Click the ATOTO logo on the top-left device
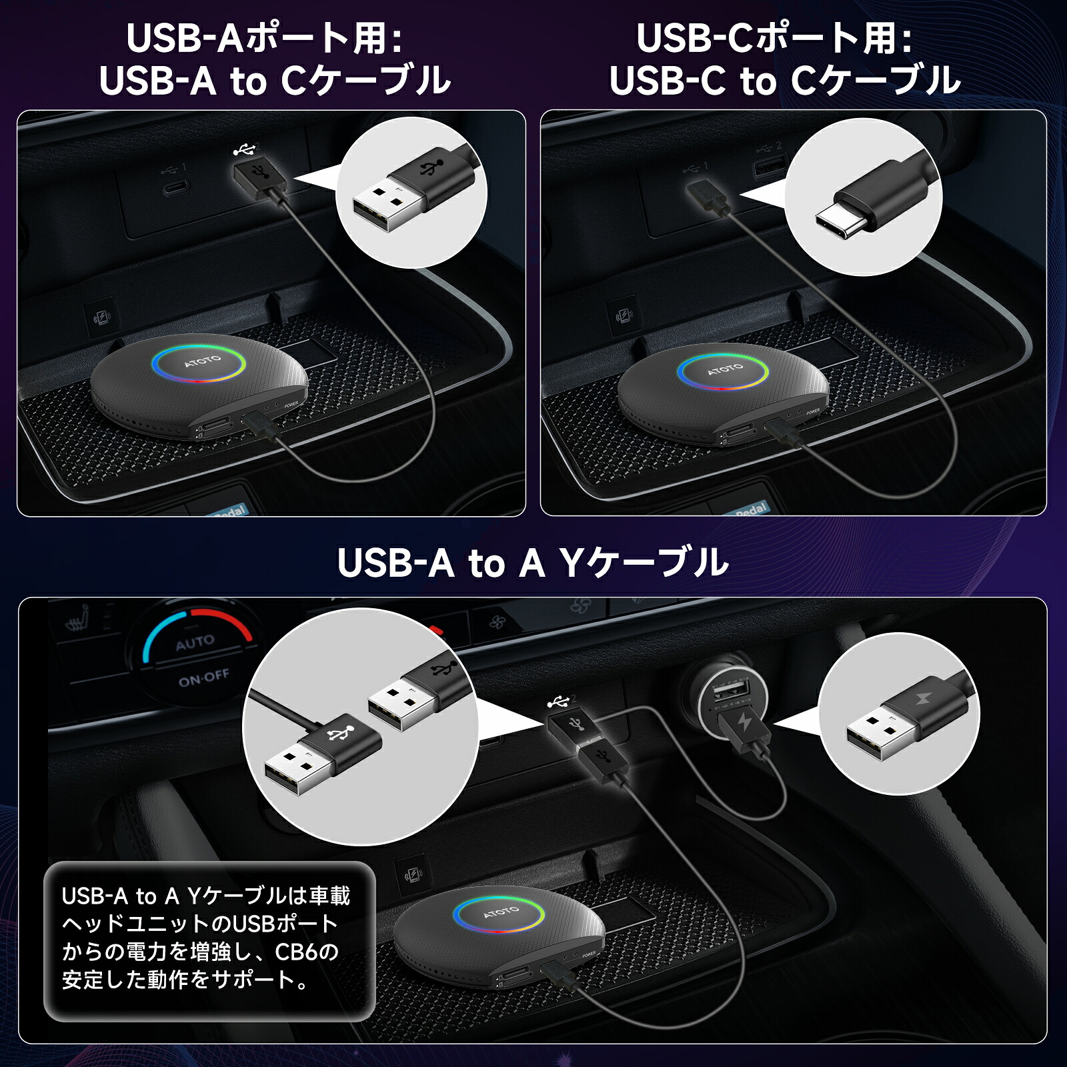(202, 361)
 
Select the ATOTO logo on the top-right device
(725, 369)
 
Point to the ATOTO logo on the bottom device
(500, 912)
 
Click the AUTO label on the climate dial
(195, 642)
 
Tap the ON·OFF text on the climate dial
(203, 678)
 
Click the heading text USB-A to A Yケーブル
(533, 563)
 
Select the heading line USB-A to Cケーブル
(275, 81)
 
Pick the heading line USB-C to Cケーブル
(784, 81)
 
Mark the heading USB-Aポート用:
(265, 38)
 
